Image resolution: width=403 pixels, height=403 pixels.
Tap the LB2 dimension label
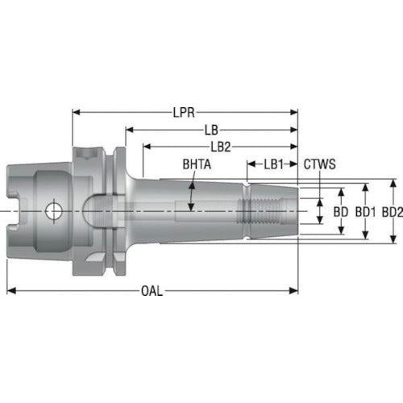point(222,147)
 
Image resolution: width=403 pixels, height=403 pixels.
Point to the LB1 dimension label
point(274,164)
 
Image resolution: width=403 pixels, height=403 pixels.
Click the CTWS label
point(320,164)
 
